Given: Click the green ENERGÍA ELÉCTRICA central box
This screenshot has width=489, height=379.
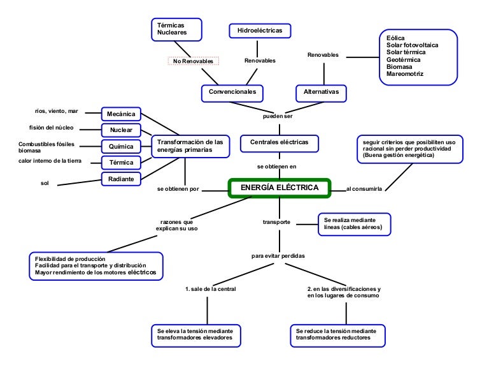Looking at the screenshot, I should click(x=280, y=188).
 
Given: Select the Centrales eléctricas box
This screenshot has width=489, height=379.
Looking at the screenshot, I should click(x=279, y=142).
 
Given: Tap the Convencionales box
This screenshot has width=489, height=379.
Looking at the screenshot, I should click(x=232, y=92).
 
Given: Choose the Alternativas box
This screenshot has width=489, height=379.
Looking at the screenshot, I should click(x=325, y=92).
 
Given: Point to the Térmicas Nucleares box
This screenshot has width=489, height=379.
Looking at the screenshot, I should click(x=176, y=29).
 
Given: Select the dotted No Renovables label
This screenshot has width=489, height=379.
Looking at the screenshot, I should click(x=193, y=61).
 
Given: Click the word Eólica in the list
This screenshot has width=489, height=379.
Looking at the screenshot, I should click(x=395, y=38).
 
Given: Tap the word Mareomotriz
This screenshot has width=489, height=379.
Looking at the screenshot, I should click(x=404, y=74).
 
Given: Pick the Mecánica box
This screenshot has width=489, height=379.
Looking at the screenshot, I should click(x=121, y=114).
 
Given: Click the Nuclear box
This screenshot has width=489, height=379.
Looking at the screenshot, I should click(x=121, y=130).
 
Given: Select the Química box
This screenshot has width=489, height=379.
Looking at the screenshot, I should click(x=121, y=146).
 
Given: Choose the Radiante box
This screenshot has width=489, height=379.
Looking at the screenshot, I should click(x=121, y=179).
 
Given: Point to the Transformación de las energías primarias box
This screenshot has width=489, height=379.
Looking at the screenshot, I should click(x=190, y=145).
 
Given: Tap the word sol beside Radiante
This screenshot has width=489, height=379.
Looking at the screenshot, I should click(x=45, y=183).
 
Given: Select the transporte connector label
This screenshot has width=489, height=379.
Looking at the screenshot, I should click(x=277, y=222).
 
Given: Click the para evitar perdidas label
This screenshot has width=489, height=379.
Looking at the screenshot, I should click(x=278, y=256).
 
